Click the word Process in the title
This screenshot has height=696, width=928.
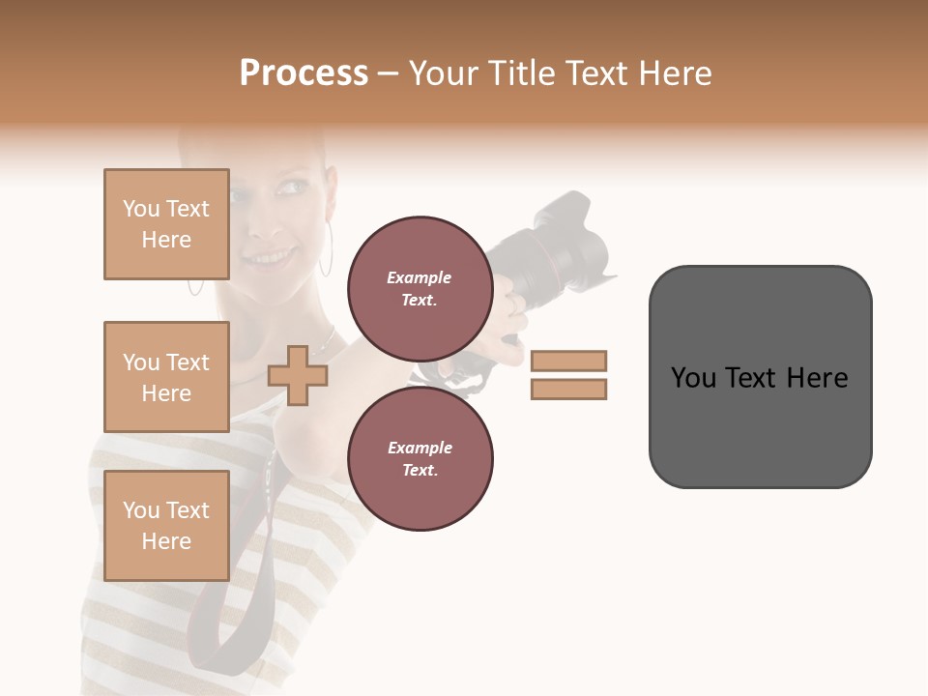click(x=304, y=73)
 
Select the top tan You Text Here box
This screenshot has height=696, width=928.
click(x=166, y=224)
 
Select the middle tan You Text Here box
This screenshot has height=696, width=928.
click(x=166, y=377)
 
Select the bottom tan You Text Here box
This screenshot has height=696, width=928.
click(x=166, y=525)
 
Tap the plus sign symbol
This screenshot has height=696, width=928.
click(x=298, y=375)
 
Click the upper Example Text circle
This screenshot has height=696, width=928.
click(x=420, y=288)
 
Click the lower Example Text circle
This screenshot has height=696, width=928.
click(x=420, y=458)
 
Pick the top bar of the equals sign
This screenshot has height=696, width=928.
click(x=568, y=361)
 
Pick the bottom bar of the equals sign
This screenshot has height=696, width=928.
click(x=568, y=389)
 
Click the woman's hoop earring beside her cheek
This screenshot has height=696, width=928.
click(x=327, y=248)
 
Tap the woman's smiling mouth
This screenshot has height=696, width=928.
click(x=274, y=258)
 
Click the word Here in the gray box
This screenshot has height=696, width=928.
click(x=817, y=378)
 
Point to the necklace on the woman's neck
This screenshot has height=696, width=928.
click(x=324, y=342)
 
